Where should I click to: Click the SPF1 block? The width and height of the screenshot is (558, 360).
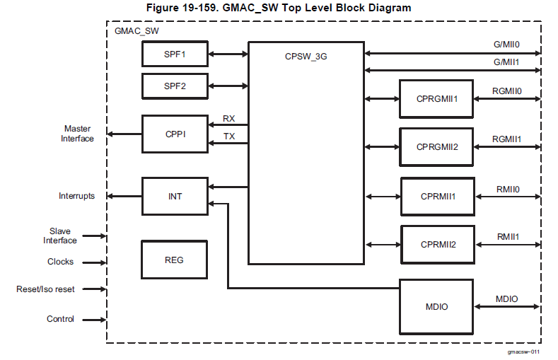(x=174, y=54)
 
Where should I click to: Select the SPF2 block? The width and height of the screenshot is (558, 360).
(x=174, y=86)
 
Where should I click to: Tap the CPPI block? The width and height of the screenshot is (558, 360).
(x=174, y=134)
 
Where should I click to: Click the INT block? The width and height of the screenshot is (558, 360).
(x=174, y=196)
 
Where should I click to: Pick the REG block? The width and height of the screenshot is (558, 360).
(x=174, y=260)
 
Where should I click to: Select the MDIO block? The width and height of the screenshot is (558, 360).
(x=436, y=306)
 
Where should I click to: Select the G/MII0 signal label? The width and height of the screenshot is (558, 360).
(x=506, y=45)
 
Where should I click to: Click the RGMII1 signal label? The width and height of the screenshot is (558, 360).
(x=507, y=139)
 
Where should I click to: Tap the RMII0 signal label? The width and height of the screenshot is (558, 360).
(x=508, y=190)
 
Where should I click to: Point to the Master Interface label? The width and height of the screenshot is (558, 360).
(x=78, y=134)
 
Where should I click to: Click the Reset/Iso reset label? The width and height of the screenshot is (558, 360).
(x=45, y=289)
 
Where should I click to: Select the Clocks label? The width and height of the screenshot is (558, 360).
(x=60, y=262)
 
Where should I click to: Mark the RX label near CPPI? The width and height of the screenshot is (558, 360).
(x=229, y=118)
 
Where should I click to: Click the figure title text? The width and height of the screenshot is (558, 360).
(x=278, y=8)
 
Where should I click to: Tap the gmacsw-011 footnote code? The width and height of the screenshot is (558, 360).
(x=523, y=352)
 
